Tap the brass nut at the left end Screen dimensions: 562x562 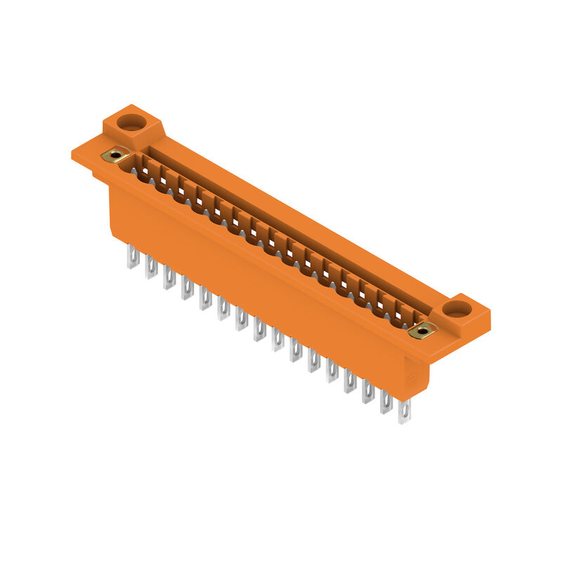tap(115, 155)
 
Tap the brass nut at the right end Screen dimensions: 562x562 tap(422, 329)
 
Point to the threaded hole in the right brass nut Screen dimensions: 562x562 tap(422, 329)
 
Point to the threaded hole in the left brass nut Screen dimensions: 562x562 tap(115, 155)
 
